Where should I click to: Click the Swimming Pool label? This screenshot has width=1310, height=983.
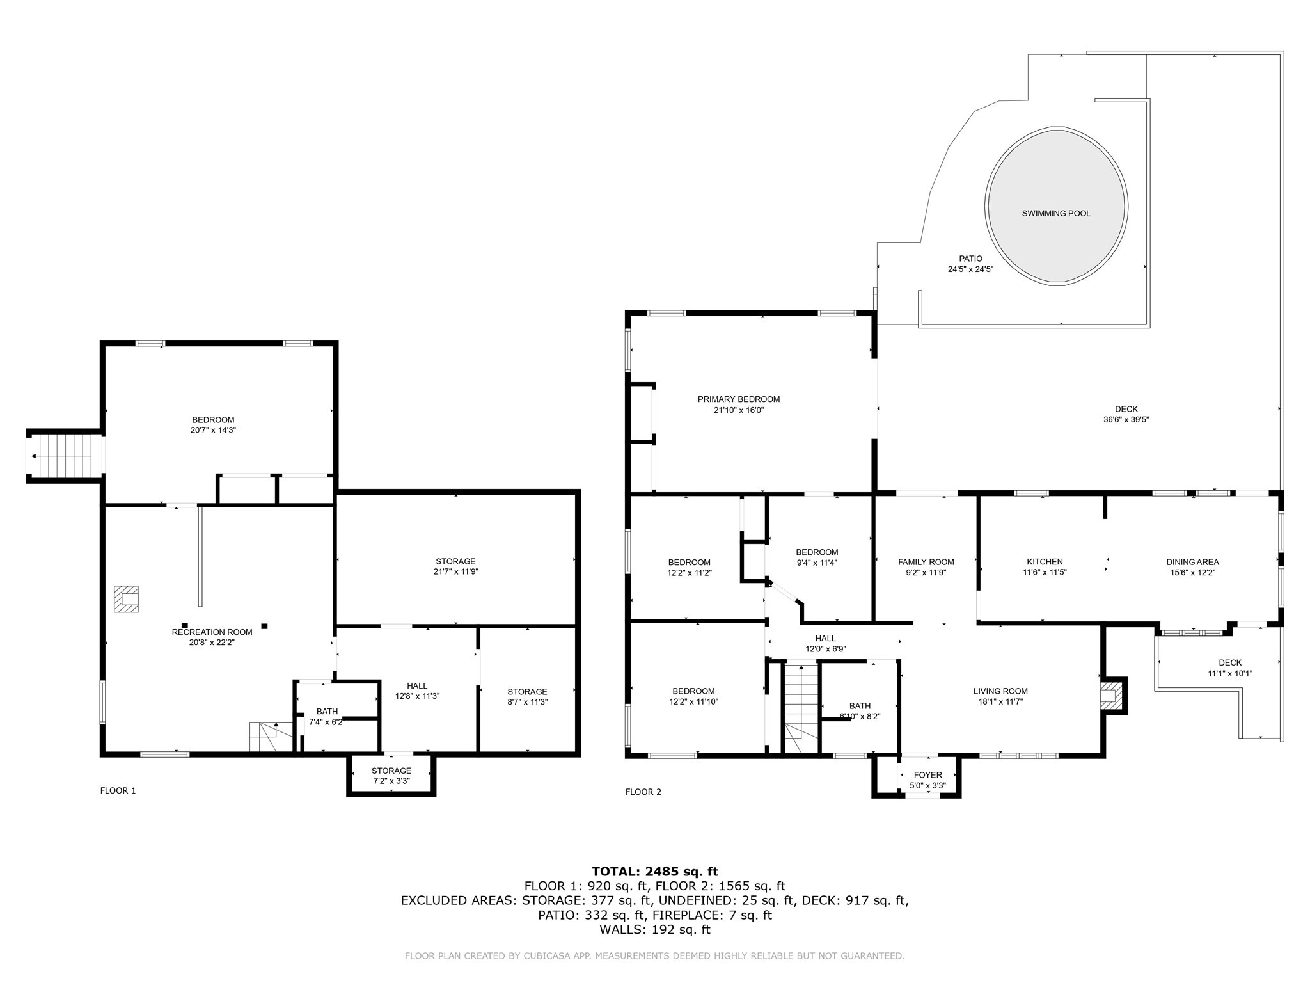[1056, 213]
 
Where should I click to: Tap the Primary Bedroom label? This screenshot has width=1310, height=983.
[739, 399]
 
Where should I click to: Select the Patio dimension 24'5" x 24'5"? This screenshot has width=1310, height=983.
[970, 269]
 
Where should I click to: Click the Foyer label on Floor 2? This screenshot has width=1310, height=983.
[927, 775]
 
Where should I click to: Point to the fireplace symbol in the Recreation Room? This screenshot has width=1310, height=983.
[127, 599]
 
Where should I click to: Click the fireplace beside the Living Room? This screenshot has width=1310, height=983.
[1111, 696]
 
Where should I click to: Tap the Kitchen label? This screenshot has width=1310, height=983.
[1045, 562]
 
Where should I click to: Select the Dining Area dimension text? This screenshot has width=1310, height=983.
[1192, 573]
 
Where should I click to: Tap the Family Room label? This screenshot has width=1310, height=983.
[926, 562]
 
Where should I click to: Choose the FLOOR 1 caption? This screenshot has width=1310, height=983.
[118, 790]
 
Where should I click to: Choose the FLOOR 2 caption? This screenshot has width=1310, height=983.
[643, 792]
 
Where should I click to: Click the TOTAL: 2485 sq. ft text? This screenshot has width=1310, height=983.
[654, 871]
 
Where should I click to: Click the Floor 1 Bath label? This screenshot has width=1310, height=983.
[327, 711]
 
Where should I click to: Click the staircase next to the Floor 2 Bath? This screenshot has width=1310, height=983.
[801, 707]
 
